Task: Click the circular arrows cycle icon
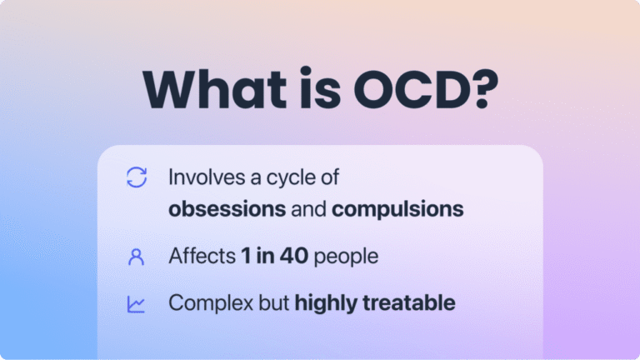pos(136,177)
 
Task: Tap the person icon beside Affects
pos(136,257)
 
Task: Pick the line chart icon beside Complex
pos(136,304)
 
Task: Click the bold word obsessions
pos(227,208)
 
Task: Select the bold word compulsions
pos(397,208)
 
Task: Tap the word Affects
pos(202,256)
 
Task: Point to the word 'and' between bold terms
pos(308,208)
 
